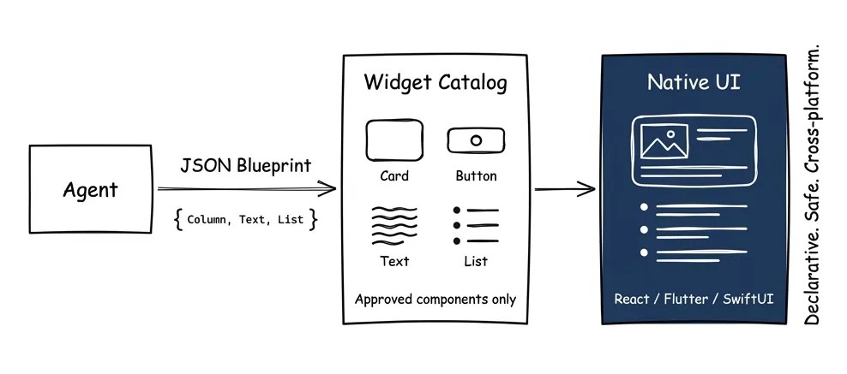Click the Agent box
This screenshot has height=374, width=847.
(89, 190)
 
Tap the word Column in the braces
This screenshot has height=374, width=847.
(207, 220)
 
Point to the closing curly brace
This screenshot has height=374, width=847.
(314, 219)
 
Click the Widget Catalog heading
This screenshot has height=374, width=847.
(436, 83)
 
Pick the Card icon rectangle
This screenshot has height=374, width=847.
(394, 139)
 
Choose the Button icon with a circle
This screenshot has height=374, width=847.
(476, 140)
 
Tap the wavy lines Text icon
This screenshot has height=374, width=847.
(394, 225)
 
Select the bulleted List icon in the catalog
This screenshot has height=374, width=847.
(476, 225)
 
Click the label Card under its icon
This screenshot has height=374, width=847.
(394, 176)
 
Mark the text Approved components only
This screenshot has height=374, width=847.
(436, 300)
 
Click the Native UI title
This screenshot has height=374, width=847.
(694, 83)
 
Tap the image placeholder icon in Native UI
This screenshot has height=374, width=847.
(664, 142)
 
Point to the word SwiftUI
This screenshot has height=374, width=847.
(746, 300)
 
